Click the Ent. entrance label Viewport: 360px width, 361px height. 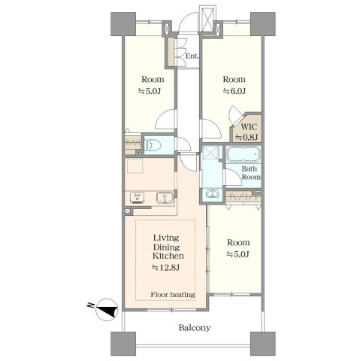192,56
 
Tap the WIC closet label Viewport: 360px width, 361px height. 249,127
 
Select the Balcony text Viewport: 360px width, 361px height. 195,328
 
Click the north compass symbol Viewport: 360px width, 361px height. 107,310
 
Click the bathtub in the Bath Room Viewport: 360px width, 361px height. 244,154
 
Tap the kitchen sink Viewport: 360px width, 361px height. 165,197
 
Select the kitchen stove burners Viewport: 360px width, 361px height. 137,197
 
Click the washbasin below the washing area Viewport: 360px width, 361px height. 212,193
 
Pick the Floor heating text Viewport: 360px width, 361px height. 173,294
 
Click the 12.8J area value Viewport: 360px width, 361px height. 165,268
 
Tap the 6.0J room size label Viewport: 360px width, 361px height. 234,91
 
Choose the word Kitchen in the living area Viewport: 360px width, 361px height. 168,256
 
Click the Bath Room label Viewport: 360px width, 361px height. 251,173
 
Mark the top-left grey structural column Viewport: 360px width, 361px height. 123,24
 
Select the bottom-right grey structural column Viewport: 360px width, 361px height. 263,344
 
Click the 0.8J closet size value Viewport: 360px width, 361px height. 246,137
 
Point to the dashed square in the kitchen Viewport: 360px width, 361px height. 135,165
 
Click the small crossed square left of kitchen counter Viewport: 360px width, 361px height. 128,211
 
